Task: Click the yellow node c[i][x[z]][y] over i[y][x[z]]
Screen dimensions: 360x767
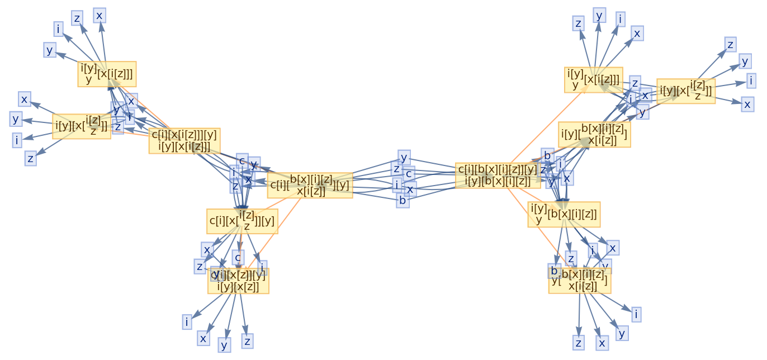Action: [x=238, y=281]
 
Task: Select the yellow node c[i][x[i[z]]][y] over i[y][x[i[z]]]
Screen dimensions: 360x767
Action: [x=184, y=140]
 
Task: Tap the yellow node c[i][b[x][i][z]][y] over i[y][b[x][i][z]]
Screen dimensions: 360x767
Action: [x=498, y=175]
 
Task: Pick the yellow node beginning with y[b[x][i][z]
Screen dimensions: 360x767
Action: [x=579, y=280]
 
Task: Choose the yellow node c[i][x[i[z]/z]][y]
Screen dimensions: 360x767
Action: [x=242, y=221]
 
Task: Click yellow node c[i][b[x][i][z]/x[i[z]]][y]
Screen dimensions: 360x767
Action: [x=310, y=185]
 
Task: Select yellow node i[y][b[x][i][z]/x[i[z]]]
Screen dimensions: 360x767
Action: [x=594, y=135]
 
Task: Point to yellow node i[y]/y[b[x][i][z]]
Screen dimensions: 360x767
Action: [x=564, y=214]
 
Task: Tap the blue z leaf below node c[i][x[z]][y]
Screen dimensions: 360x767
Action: [x=247, y=340]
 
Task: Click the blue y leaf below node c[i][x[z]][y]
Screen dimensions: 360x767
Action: [x=224, y=345]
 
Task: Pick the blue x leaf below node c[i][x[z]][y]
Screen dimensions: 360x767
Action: [x=203, y=338]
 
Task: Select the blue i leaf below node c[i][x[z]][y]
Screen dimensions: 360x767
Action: [x=187, y=322]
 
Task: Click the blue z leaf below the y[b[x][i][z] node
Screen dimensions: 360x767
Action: [x=579, y=343]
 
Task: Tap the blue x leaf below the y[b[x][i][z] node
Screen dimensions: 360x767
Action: [x=602, y=343]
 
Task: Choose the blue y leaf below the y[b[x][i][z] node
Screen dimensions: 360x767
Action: [x=622, y=333]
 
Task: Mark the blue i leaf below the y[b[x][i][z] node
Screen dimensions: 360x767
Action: [x=636, y=314]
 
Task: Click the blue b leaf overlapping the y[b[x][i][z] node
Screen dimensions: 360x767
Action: [x=554, y=271]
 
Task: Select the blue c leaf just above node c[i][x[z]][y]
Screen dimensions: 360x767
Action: [x=238, y=257]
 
